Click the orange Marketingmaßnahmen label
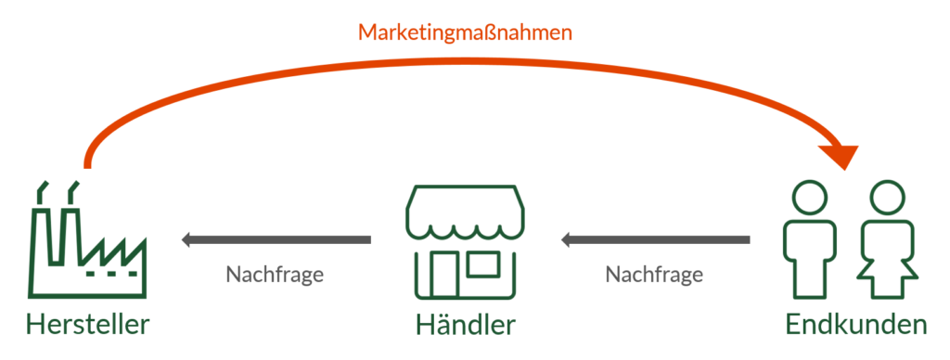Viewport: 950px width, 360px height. [465, 32]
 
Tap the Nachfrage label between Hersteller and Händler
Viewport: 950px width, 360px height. [275, 276]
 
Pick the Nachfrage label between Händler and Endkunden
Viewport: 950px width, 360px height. [654, 276]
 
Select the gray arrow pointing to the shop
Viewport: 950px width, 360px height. [654, 241]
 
